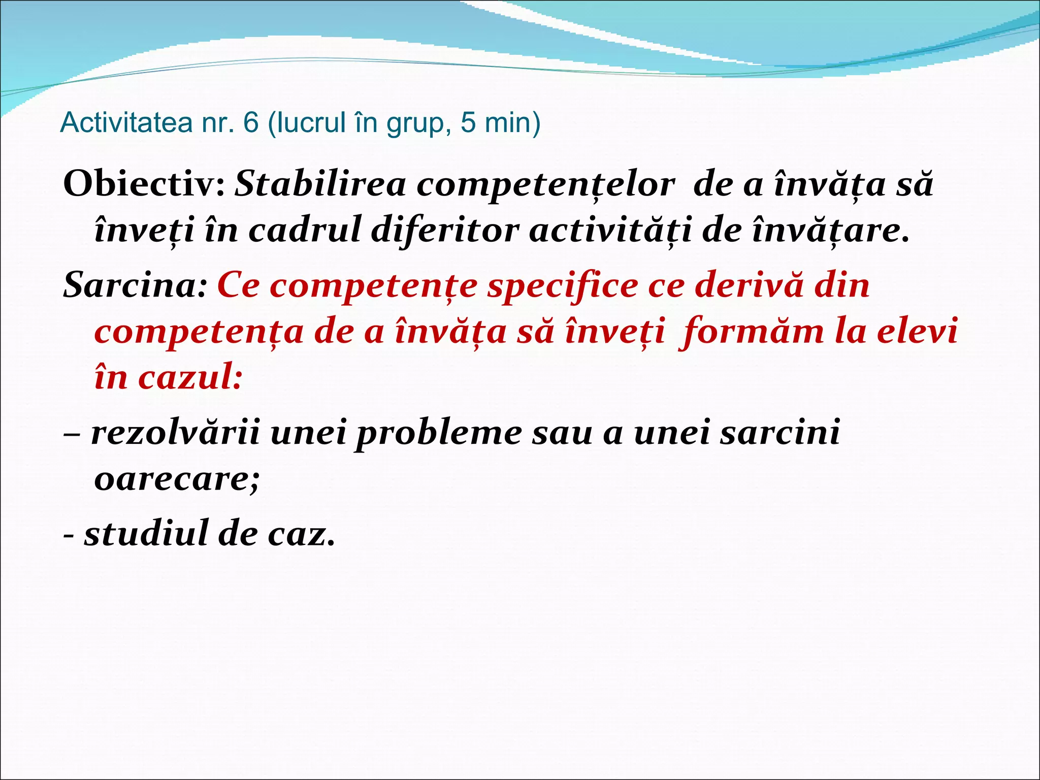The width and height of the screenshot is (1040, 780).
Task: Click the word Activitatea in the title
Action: click(126, 123)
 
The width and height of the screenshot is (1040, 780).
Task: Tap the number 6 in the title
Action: click(250, 123)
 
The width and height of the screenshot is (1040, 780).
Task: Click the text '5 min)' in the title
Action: click(500, 123)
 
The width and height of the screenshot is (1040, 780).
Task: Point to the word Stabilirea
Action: click(320, 184)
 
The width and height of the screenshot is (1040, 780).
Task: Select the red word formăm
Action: click(752, 332)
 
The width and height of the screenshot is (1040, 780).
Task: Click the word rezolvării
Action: click(175, 433)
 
